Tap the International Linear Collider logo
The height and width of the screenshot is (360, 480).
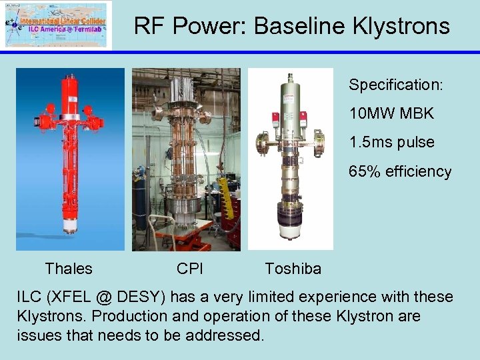tap(57, 25)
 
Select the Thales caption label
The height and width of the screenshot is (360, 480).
tap(69, 269)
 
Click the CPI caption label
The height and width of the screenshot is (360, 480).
tap(190, 269)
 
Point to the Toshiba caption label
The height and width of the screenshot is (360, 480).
tap(293, 269)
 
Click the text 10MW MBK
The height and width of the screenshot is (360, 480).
tap(391, 114)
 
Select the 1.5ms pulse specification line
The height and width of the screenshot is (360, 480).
tap(391, 143)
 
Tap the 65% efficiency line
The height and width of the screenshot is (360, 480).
tap(400, 171)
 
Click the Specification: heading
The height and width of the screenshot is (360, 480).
tap(396, 85)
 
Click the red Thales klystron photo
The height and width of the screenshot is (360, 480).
tap(70, 133)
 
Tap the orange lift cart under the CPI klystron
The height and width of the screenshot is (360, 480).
tap(180, 237)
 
